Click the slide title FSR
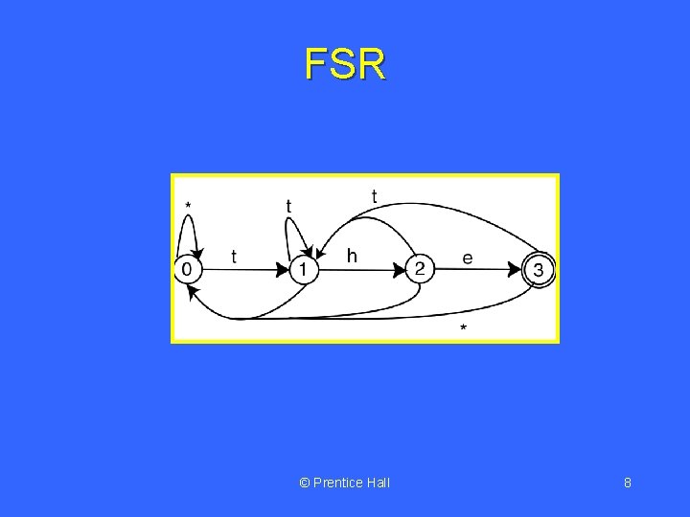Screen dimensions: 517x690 point(345,65)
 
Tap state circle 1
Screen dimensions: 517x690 point(303,270)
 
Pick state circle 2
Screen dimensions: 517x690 point(420,269)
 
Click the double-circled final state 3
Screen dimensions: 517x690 point(539,270)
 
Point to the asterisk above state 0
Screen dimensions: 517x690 point(188,205)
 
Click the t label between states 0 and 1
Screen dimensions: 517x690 point(234,257)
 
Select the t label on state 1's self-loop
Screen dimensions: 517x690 point(288,205)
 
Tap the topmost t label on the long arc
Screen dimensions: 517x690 point(374,195)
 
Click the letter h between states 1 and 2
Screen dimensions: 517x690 point(352,256)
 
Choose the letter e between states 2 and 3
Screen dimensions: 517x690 point(468,258)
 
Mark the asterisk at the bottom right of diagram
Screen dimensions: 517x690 point(464,329)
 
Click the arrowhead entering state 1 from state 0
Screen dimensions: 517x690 point(283,270)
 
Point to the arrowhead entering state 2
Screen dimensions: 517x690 point(400,270)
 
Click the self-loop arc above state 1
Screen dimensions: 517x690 point(293,228)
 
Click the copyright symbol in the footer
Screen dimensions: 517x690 point(305,483)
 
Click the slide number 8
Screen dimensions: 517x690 point(627,483)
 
